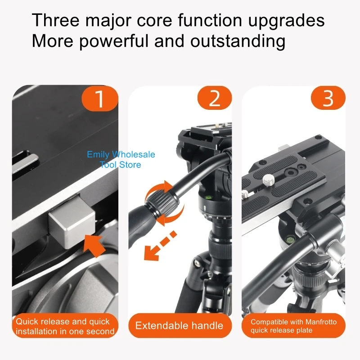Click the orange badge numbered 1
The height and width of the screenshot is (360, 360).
(100, 99)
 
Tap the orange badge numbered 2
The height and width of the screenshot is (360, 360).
(215, 98)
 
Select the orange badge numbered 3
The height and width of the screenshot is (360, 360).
(328, 98)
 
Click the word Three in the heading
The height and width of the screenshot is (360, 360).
(56, 20)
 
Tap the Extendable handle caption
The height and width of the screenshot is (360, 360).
(179, 325)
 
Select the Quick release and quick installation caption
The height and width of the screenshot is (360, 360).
(65, 326)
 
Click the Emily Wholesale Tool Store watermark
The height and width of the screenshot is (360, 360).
(121, 159)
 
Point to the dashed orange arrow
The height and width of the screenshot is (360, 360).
(160, 246)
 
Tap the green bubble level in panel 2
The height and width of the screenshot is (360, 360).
(208, 197)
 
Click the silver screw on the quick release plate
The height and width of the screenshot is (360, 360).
(268, 180)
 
